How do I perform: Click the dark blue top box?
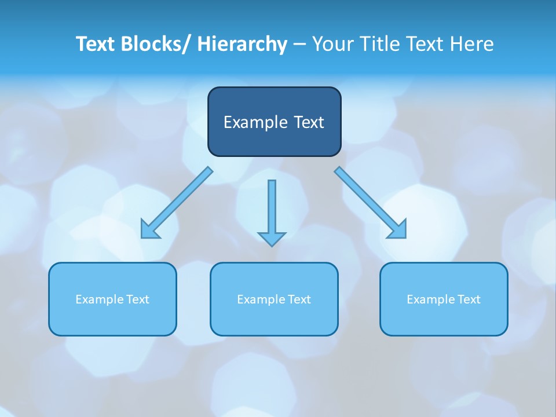coord(274,122)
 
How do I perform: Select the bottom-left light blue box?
coord(112,299)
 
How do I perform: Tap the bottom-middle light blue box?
coord(274,299)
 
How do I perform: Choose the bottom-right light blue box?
coord(444,299)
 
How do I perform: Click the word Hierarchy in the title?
coord(242,44)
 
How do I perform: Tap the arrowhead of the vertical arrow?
coord(272,238)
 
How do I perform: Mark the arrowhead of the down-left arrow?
coord(149,231)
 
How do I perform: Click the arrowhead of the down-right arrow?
coord(398,231)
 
